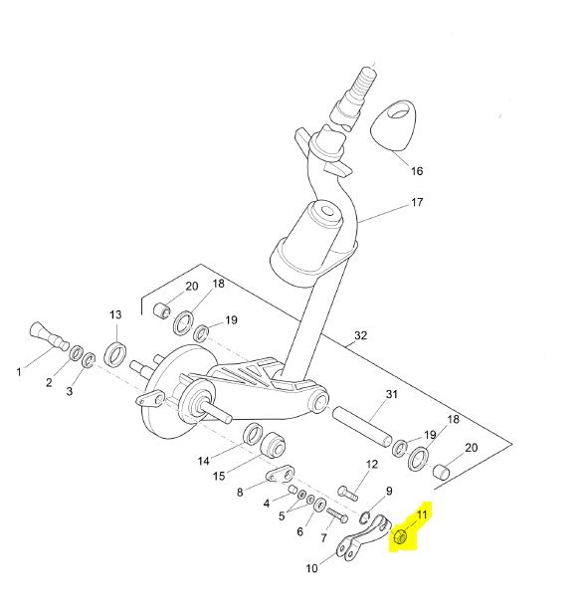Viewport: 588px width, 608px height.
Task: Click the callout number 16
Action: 417,170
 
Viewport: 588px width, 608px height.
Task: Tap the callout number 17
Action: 417,202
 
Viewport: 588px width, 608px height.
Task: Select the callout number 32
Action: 360,335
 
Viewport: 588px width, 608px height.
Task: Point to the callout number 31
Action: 391,394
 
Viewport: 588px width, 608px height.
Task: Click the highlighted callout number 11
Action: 421,514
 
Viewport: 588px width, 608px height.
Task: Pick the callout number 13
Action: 115,314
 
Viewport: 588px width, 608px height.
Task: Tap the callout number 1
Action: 19,372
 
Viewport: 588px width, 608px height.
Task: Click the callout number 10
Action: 311,568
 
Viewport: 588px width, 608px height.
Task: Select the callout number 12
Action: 372,464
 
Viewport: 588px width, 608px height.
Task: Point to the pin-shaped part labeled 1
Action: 49,336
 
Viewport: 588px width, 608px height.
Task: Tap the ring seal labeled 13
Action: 115,353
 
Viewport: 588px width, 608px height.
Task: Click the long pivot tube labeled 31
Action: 363,427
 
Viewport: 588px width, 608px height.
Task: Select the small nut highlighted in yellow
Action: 400,537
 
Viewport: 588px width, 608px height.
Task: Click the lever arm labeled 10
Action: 363,538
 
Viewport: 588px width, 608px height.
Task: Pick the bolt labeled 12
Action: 347,493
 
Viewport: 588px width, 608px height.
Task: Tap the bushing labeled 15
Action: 273,444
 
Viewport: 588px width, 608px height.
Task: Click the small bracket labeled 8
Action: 281,474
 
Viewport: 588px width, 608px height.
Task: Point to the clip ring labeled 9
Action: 364,517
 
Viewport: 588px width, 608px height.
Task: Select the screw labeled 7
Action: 337,514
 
